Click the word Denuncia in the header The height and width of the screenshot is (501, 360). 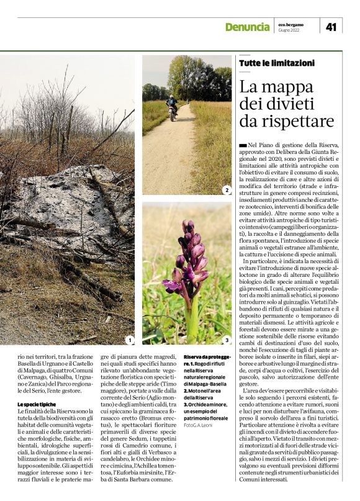point(246,27)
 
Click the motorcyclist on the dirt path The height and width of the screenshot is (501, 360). point(173,106)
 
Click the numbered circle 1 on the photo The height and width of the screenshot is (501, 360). point(129,340)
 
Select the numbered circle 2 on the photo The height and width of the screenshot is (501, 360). point(227,190)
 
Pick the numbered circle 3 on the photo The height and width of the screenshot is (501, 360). point(227,340)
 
